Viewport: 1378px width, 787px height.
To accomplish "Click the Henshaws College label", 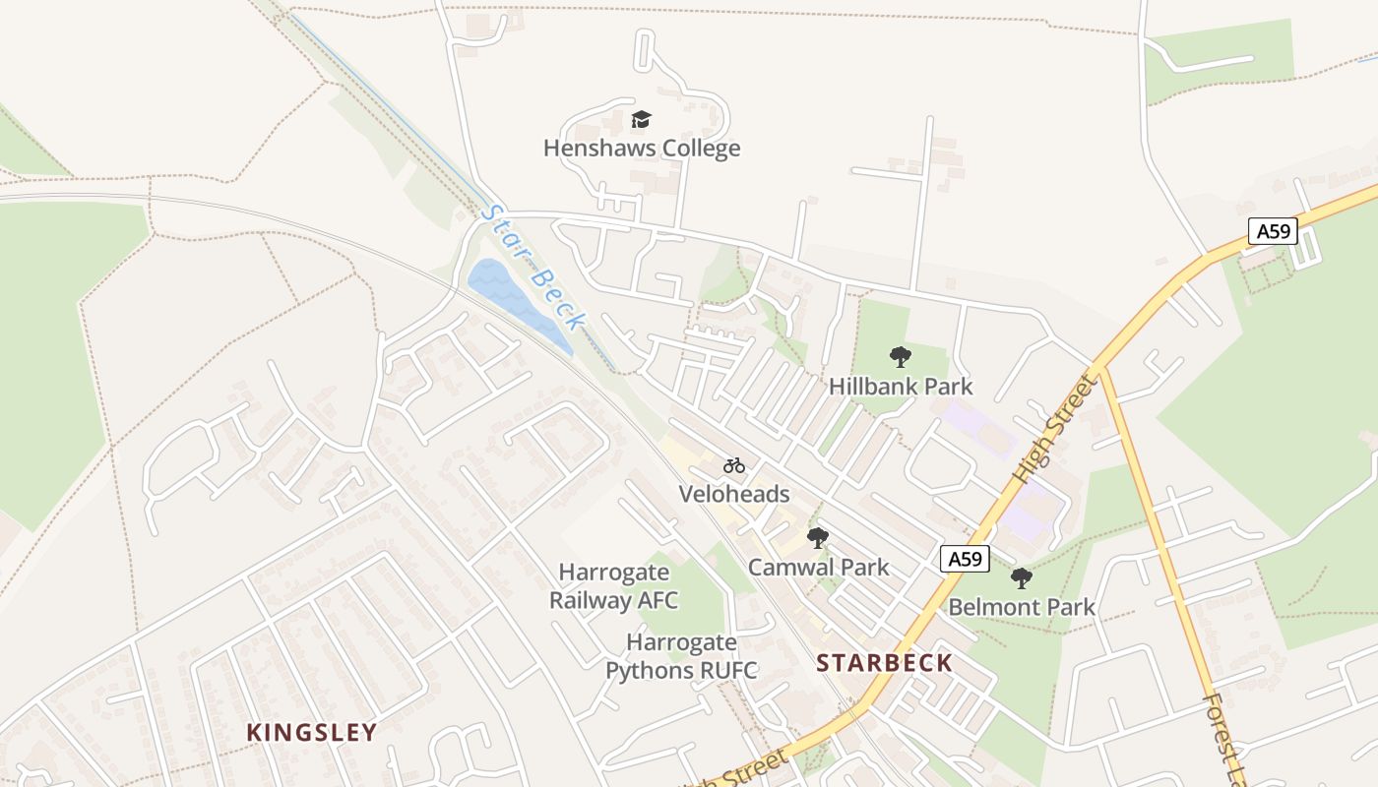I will (x=642, y=149).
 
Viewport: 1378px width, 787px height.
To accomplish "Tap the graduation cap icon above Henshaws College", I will (x=642, y=120).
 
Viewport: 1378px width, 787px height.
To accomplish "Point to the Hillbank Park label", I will (x=900, y=387).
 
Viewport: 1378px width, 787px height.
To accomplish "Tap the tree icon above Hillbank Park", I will (x=900, y=357).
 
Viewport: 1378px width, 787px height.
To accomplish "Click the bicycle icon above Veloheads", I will (x=734, y=465).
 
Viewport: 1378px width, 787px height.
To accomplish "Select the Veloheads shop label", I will (x=734, y=494).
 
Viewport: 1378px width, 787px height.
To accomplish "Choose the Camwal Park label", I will (x=818, y=568).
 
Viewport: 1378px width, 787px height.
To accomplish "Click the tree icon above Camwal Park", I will (x=817, y=537).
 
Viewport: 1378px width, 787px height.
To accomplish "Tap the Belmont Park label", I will (x=1021, y=607).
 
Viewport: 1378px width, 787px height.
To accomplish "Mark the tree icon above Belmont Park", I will (x=1022, y=577).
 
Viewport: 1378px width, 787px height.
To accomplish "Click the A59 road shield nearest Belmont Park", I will (x=965, y=559).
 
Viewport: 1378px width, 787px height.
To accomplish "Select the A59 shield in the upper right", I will (x=1274, y=232).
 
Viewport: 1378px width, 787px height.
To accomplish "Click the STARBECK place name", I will (x=884, y=663).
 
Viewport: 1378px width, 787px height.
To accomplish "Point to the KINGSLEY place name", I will (x=311, y=733).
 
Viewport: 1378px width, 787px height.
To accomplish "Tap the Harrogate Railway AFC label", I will (x=614, y=586).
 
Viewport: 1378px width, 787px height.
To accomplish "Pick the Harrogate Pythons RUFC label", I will (x=681, y=657).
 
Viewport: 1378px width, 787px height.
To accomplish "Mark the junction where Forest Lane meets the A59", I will (x=1100, y=368).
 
